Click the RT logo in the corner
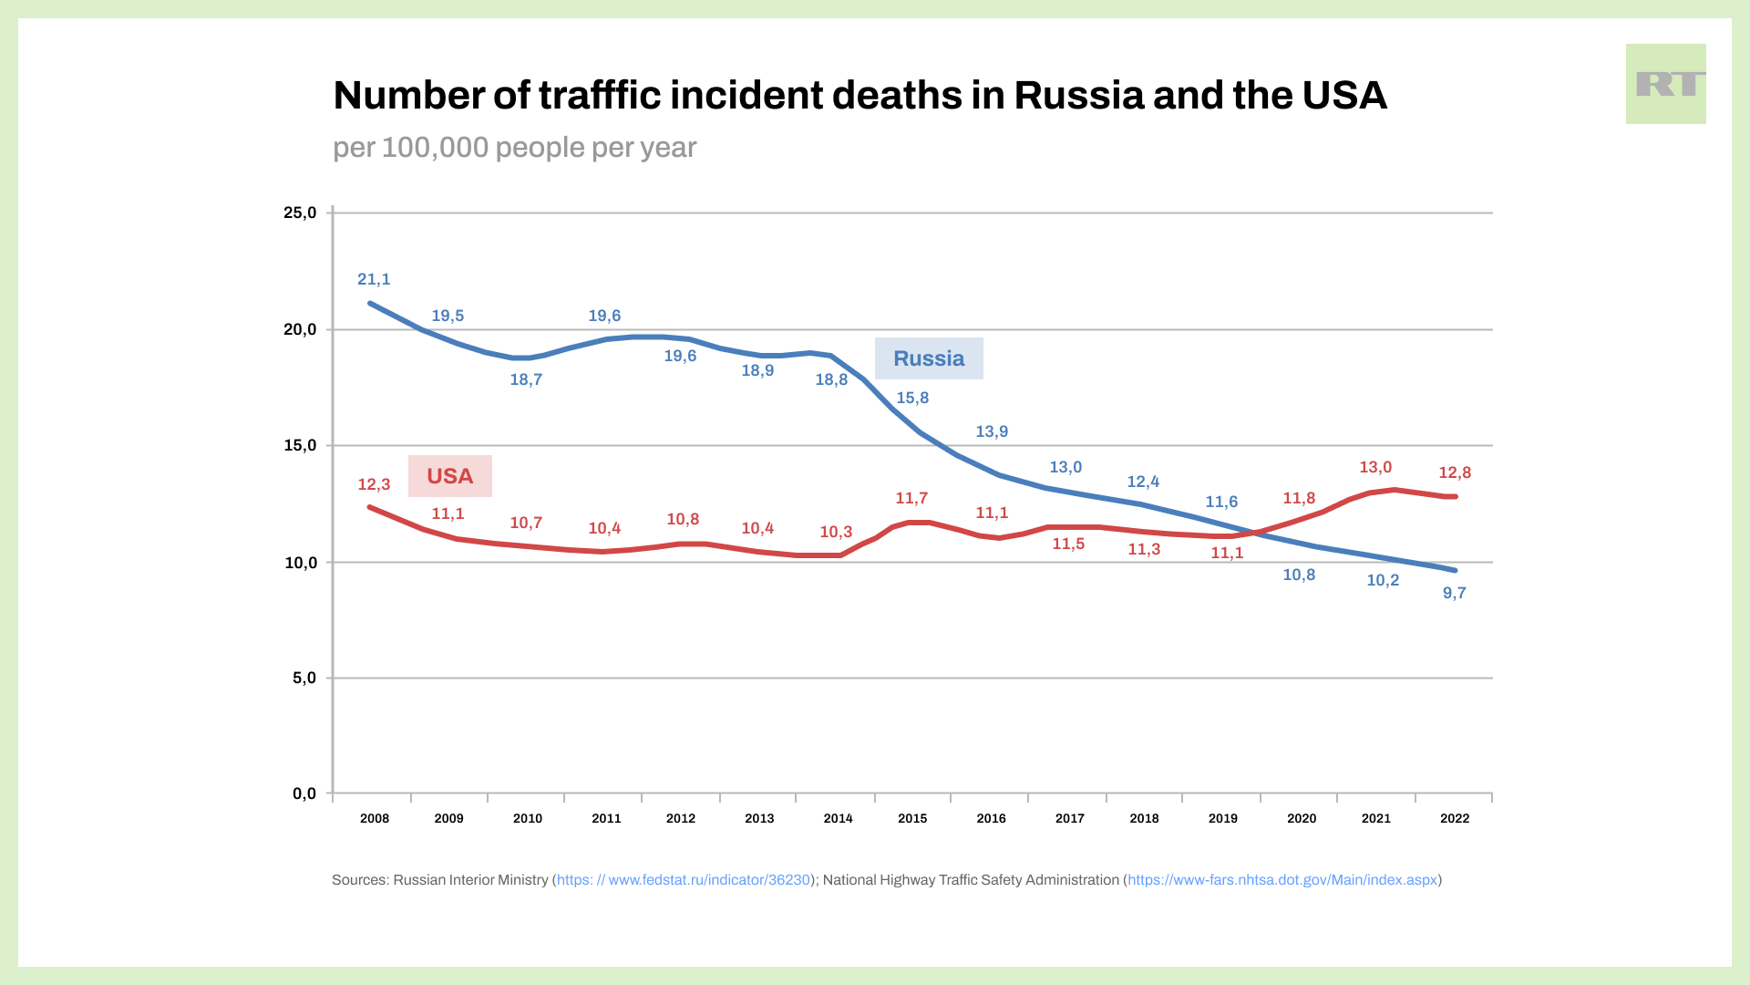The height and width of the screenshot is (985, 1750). click(1665, 84)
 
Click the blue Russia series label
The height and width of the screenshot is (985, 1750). click(929, 358)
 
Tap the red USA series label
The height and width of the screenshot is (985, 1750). click(449, 476)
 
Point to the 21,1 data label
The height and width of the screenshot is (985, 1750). click(374, 280)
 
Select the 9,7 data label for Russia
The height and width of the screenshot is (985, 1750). click(1455, 594)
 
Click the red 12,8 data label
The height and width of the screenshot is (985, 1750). click(1455, 473)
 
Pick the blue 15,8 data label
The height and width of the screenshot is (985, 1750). click(912, 399)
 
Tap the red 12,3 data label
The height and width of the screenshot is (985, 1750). click(374, 485)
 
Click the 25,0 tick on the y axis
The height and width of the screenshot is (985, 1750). click(300, 213)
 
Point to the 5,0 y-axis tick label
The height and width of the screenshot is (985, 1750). click(304, 679)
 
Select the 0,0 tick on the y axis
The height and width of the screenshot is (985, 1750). click(304, 794)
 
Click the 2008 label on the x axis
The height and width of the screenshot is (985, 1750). click(375, 819)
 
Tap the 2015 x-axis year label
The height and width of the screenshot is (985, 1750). click(912, 819)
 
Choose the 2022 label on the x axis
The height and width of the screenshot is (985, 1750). click(1455, 819)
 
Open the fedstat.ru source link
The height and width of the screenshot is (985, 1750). click(684, 880)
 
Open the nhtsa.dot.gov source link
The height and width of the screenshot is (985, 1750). click(1282, 880)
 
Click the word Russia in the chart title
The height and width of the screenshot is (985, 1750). click(1078, 96)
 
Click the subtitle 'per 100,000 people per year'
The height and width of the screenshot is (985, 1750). click(514, 148)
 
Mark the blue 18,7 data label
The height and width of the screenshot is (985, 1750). click(526, 380)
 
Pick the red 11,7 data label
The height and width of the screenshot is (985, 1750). click(911, 499)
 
